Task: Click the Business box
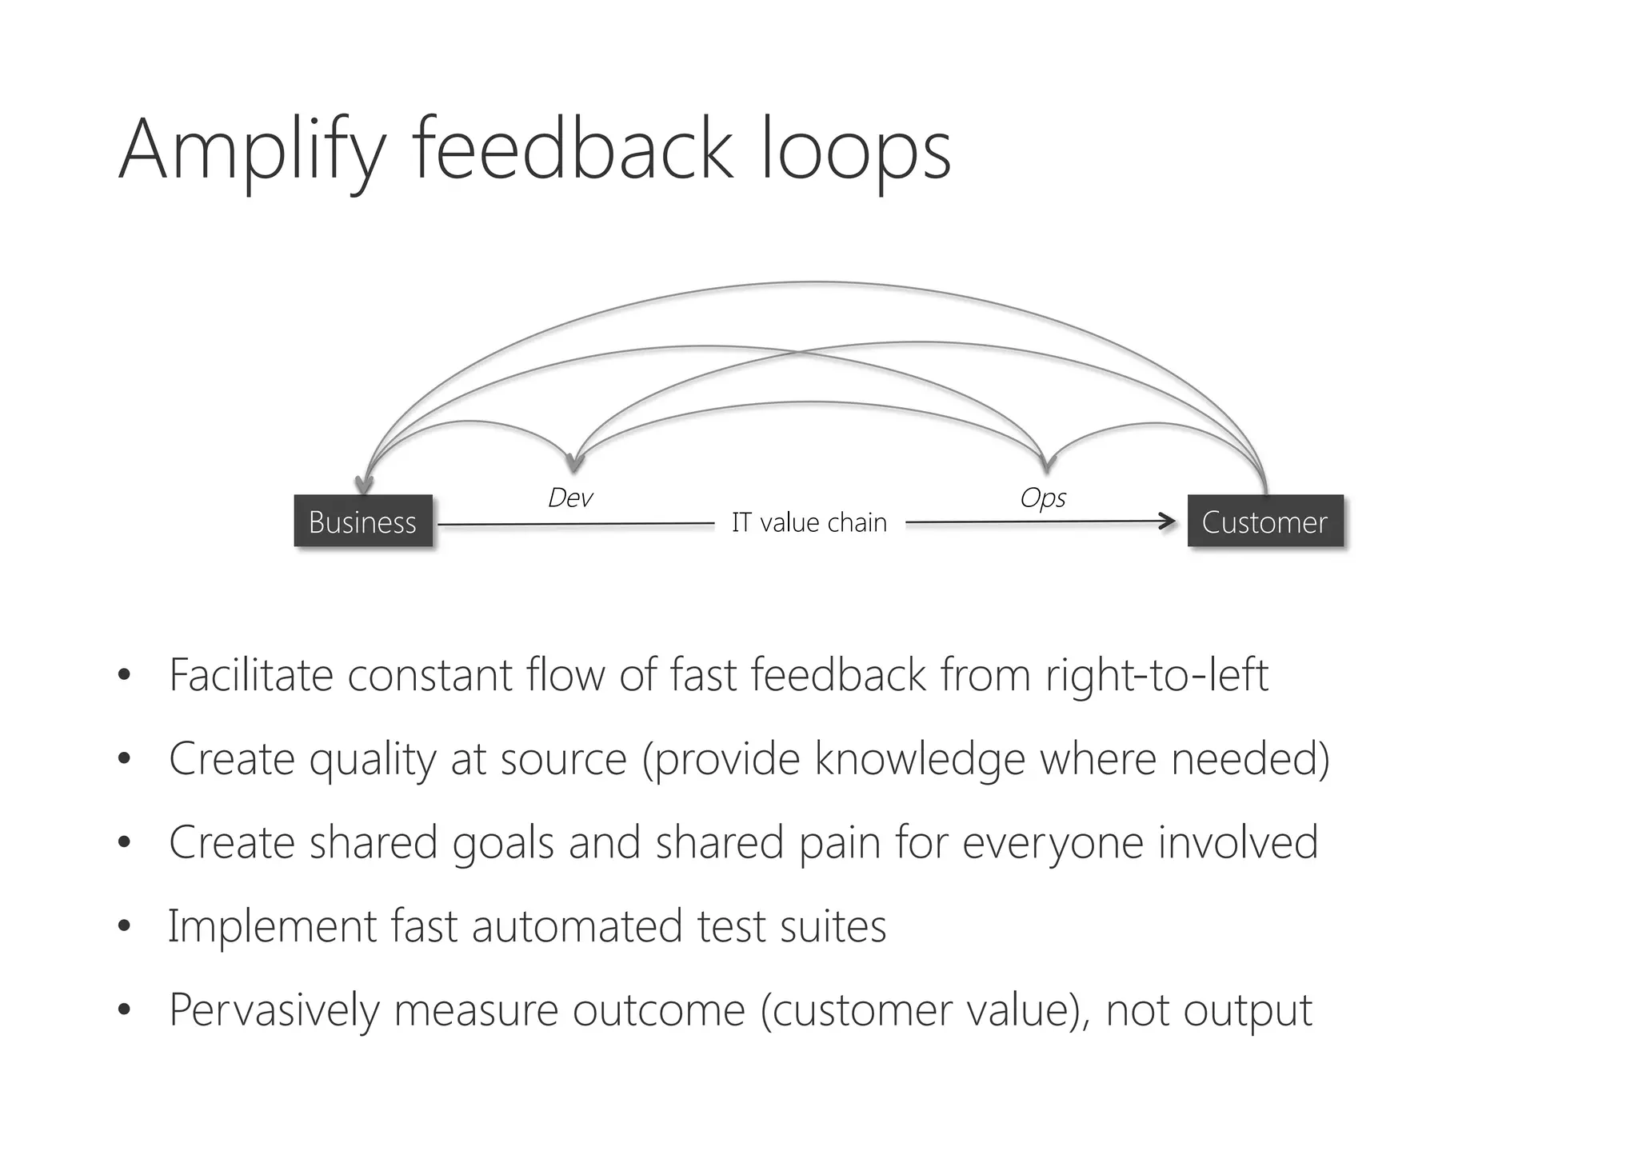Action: pyautogui.click(x=363, y=522)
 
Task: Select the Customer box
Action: pyautogui.click(x=1264, y=522)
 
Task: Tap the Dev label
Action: pyautogui.click(x=570, y=498)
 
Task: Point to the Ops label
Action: pyautogui.click(x=1043, y=498)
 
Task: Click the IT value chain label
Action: pyautogui.click(x=809, y=522)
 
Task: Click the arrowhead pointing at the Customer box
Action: pyautogui.click(x=1169, y=522)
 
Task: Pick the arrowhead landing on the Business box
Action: pyautogui.click(x=364, y=485)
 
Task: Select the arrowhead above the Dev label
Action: pyautogui.click(x=573, y=463)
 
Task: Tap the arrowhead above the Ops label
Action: pyautogui.click(x=1046, y=463)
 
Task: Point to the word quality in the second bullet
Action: pyautogui.click(x=373, y=759)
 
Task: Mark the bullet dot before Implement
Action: pyautogui.click(x=123, y=927)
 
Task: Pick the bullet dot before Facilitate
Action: pyautogui.click(x=123, y=675)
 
